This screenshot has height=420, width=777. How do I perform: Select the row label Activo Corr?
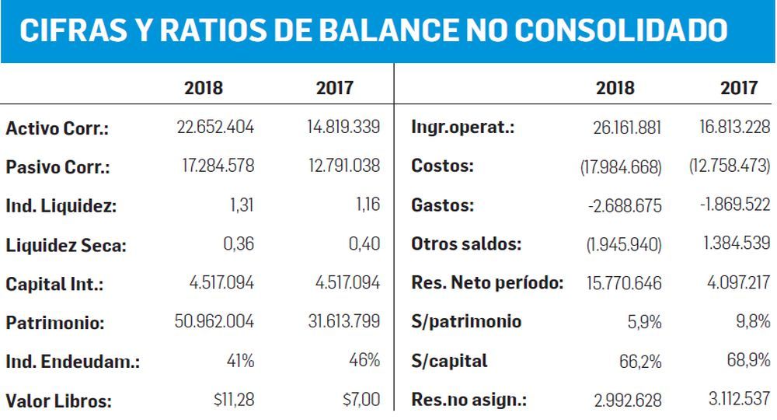57,128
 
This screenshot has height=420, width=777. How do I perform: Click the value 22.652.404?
215,127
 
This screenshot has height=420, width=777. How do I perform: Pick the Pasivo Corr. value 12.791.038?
343,166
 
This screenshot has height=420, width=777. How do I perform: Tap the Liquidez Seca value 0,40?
365,244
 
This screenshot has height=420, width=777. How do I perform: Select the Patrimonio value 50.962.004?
215,322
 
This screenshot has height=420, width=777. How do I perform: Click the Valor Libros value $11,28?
233,400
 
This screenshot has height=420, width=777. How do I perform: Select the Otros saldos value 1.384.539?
735,244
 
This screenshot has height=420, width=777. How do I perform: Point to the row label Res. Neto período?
487,283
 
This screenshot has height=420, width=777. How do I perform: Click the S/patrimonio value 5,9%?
644,322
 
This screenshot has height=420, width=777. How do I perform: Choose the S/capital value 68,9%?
749,361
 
